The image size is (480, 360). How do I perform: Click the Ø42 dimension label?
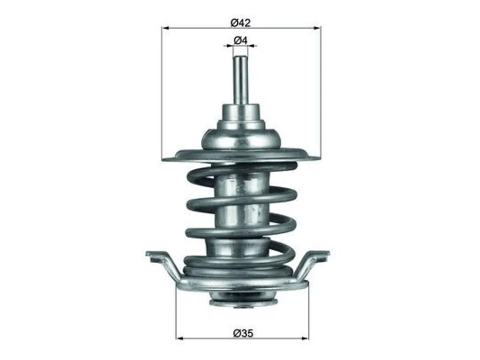[x=240, y=23]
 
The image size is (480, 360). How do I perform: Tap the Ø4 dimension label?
[x=240, y=40]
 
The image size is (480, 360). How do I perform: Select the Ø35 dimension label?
[x=243, y=333]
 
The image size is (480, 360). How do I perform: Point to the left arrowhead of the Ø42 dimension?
[x=165, y=28]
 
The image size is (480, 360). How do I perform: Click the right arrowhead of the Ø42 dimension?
[x=318, y=28]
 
